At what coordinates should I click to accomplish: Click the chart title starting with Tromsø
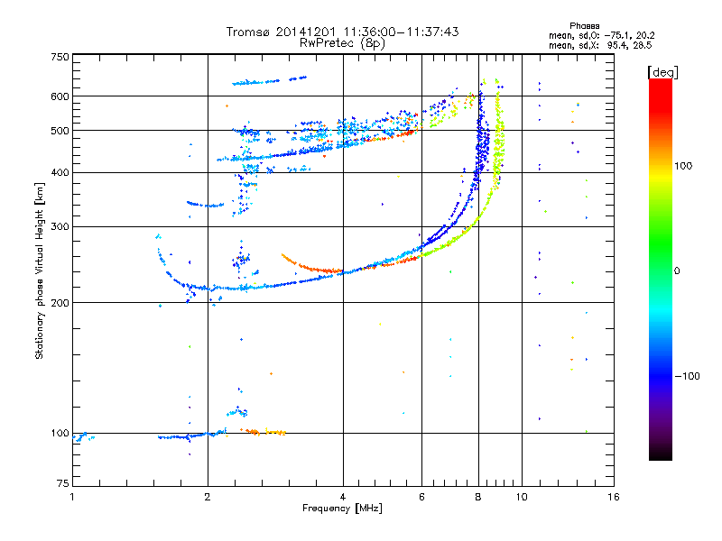[342, 32]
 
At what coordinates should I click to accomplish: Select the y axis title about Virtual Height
[40, 270]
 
